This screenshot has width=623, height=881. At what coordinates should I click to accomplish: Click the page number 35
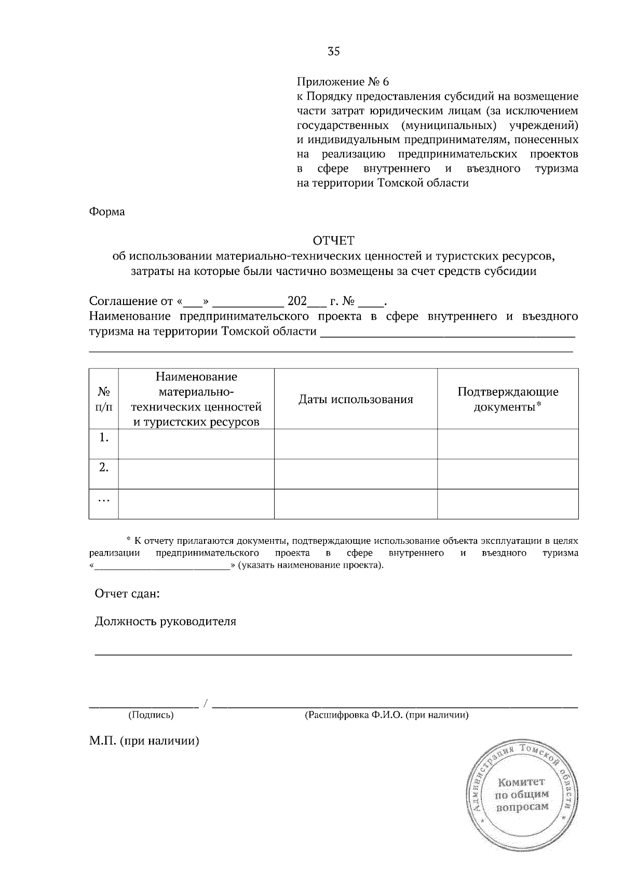pyautogui.click(x=333, y=51)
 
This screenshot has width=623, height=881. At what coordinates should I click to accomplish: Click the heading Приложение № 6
pyautogui.click(x=342, y=82)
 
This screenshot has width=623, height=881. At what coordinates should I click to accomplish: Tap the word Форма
pyautogui.click(x=107, y=212)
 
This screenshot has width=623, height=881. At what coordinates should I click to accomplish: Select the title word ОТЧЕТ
pyautogui.click(x=333, y=240)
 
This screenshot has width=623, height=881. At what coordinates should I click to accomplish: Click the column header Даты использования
pyautogui.click(x=356, y=399)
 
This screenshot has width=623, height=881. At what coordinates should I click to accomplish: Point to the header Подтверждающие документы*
pyautogui.click(x=507, y=399)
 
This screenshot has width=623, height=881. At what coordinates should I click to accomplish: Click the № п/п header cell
pyautogui.click(x=104, y=399)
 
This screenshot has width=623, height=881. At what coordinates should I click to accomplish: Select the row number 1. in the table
pyautogui.click(x=104, y=438)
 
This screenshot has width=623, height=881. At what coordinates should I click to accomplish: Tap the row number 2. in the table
pyautogui.click(x=104, y=467)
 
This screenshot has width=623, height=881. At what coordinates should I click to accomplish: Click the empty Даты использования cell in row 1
pyautogui.click(x=356, y=444)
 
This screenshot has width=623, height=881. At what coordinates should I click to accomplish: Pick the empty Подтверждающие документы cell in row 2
pyautogui.click(x=507, y=474)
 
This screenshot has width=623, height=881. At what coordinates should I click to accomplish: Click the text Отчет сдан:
pyautogui.click(x=127, y=593)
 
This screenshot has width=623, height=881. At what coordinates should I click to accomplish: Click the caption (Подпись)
pyautogui.click(x=151, y=715)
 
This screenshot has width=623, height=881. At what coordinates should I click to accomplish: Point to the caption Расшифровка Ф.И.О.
pyautogui.click(x=386, y=715)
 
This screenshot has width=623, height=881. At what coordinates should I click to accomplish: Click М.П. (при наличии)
pyautogui.click(x=144, y=741)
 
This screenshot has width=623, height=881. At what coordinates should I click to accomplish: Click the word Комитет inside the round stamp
pyautogui.click(x=521, y=782)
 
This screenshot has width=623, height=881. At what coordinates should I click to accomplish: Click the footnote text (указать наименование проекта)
pyautogui.click(x=311, y=565)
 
